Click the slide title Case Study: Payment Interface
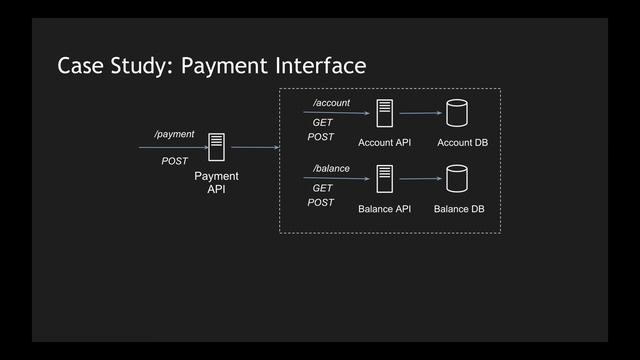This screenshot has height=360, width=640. click(212, 66)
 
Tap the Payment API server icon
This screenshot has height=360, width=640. click(216, 148)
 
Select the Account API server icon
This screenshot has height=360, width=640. click(384, 113)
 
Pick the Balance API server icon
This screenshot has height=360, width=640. click(384, 180)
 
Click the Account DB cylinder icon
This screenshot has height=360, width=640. click(458, 113)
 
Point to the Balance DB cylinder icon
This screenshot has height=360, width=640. click(458, 180)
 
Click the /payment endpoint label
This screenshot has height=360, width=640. click(173, 133)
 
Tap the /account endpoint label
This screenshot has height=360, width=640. click(331, 103)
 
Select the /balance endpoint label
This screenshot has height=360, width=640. click(331, 168)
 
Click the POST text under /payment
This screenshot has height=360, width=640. click(175, 161)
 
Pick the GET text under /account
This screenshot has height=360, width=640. click(322, 123)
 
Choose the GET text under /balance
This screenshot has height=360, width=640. click(322, 188)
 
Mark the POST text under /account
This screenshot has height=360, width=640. click(321, 137)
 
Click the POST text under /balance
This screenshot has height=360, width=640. click(321, 202)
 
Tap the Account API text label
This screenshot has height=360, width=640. click(384, 143)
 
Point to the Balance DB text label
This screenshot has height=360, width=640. click(459, 210)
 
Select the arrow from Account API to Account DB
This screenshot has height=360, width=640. click(420, 113)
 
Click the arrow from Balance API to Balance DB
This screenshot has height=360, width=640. click(420, 180)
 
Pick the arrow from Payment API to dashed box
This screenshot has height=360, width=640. click(254, 148)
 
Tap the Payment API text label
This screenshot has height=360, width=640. click(216, 182)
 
